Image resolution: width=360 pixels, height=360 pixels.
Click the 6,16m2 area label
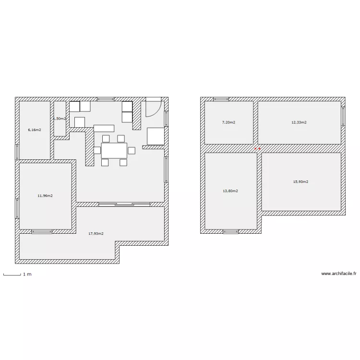tap(35, 130)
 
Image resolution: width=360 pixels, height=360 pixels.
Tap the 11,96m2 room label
tap(45, 196)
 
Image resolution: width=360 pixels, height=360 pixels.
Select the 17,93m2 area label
tap(96, 234)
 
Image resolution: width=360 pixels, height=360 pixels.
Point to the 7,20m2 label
tap(228, 122)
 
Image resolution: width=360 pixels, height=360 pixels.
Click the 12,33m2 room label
tap(299, 122)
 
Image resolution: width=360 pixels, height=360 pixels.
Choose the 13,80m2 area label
tap(230, 191)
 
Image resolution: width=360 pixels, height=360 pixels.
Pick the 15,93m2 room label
tap(300, 182)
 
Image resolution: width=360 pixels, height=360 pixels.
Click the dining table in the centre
tap(114, 150)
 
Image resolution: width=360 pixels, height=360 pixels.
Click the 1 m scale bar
tap(12, 275)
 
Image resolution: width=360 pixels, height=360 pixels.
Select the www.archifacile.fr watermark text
tap(339, 274)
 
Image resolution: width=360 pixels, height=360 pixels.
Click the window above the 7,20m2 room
tap(221, 99)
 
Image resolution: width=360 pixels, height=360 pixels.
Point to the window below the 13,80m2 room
tap(230, 232)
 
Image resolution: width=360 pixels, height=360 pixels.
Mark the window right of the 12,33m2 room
tap(343, 116)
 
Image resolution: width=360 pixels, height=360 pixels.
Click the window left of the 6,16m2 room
tap(17, 152)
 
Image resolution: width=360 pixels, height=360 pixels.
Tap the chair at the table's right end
tap(132, 151)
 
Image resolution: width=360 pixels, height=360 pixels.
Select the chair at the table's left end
tap(97, 150)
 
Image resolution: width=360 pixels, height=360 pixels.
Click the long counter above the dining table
tap(104, 128)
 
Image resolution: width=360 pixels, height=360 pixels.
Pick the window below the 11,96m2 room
tap(42, 232)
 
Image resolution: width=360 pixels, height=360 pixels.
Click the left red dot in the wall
tap(255, 149)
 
